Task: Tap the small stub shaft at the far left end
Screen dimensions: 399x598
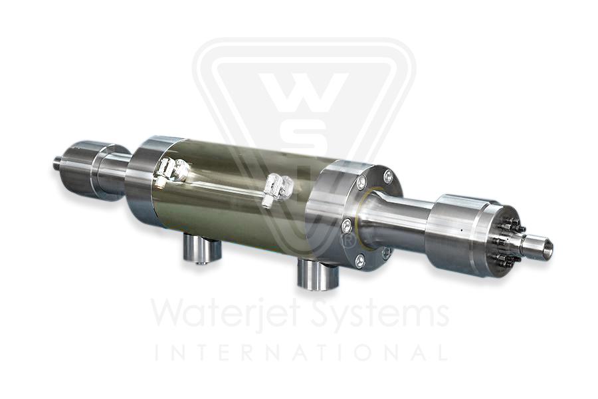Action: [x=58, y=162]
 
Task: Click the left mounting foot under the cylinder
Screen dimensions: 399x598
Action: [x=201, y=250]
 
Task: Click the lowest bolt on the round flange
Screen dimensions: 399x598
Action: [x=359, y=262]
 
